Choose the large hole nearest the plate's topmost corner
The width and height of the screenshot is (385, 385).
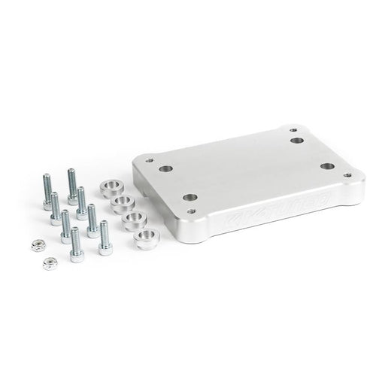pos(298,140)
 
